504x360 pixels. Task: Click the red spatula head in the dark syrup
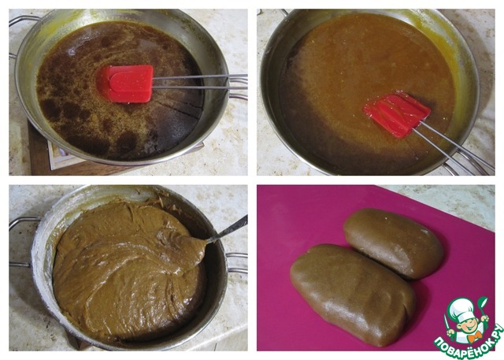128,84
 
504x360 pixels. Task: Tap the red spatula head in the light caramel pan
397,113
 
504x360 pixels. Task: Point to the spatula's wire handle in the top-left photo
200,82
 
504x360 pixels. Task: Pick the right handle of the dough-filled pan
237,262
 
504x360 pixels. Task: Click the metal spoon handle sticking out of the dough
228,230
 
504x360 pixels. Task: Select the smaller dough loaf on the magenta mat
394,243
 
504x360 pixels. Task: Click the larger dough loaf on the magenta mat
353,294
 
